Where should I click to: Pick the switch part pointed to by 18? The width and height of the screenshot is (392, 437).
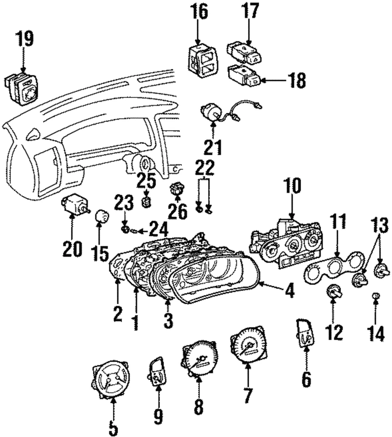tap(244, 75)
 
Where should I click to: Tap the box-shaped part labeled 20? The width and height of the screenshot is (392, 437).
tap(73, 206)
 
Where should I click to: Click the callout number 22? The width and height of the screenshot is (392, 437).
tap(204, 168)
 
